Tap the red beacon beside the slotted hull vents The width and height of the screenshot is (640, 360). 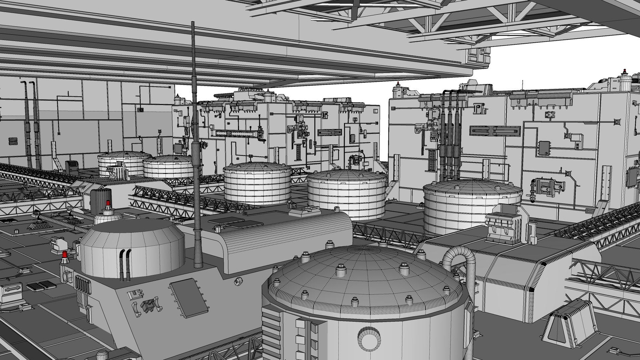coord(65,254)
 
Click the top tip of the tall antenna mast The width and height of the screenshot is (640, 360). coord(193,23)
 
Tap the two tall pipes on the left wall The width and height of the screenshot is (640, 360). coord(32,124)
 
